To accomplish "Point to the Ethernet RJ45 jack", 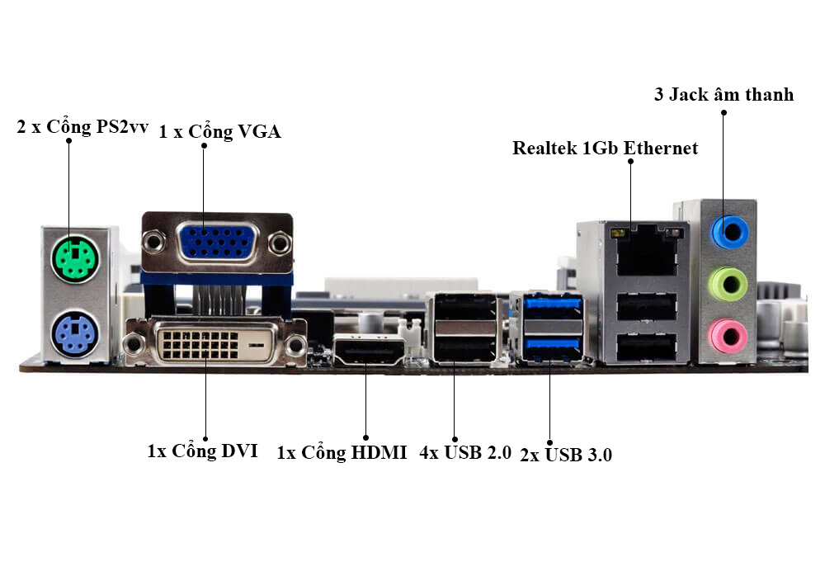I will [x=646, y=251].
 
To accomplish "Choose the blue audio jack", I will [x=728, y=232].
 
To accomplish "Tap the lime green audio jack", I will [x=728, y=284].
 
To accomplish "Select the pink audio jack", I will [x=728, y=336].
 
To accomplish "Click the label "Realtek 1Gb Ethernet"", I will [x=605, y=149].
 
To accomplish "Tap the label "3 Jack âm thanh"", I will [x=724, y=95].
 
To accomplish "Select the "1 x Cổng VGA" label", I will [x=219, y=131].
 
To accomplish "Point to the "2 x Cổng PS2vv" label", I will [x=82, y=128].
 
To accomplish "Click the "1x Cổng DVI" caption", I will [x=203, y=451].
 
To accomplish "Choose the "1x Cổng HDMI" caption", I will [x=342, y=452].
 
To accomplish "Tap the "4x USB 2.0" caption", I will [x=465, y=452].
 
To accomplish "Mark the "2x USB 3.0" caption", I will [x=565, y=454].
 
